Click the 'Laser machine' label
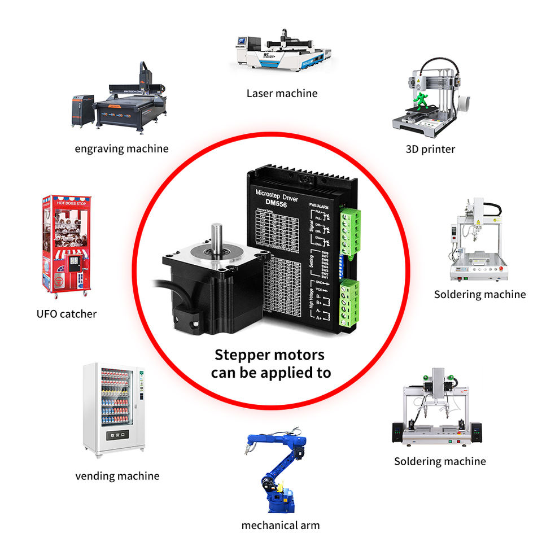(x=282, y=93)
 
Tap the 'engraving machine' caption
(x=121, y=149)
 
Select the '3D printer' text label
(x=430, y=149)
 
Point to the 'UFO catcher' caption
(x=66, y=314)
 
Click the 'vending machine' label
(x=117, y=476)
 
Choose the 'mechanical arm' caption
(x=280, y=526)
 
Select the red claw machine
(x=66, y=246)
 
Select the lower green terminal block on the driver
(x=350, y=302)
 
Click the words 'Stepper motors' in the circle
(x=270, y=355)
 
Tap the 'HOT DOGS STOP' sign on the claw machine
(x=67, y=202)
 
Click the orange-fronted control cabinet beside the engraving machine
(x=82, y=111)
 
